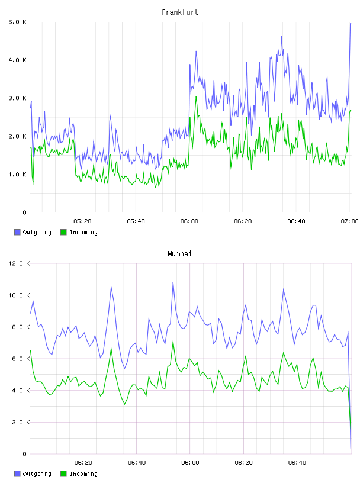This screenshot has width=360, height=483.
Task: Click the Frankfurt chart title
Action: click(x=180, y=12)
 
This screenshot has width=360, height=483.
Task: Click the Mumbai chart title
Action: click(x=179, y=254)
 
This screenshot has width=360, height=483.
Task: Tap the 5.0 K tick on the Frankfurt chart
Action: click(x=18, y=22)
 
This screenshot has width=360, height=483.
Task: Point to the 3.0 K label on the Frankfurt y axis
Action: click(x=18, y=98)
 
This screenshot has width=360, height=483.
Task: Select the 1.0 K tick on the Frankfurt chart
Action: click(x=18, y=175)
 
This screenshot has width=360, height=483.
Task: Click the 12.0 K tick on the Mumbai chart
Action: click(x=19, y=263)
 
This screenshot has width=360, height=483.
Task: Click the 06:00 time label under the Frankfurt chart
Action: click(x=189, y=221)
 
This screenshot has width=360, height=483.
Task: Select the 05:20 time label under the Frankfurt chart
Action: click(x=82, y=221)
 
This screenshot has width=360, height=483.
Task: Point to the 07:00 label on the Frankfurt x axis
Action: click(x=349, y=221)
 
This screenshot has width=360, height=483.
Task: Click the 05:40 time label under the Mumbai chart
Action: click(x=137, y=463)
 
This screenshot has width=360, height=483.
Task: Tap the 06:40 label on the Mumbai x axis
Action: click(x=297, y=463)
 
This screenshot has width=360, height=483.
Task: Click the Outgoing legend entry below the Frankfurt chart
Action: click(x=33, y=232)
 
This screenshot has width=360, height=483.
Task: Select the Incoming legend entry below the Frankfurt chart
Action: click(x=79, y=232)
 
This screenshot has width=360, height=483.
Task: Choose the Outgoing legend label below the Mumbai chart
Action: click(x=37, y=474)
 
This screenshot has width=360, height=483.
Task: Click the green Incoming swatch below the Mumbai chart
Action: click(x=63, y=474)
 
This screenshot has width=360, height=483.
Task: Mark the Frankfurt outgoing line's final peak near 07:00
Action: click(x=351, y=24)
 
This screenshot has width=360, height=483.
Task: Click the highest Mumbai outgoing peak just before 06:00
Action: click(x=173, y=283)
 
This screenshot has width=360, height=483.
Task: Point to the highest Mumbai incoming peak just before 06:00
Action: click(x=173, y=341)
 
